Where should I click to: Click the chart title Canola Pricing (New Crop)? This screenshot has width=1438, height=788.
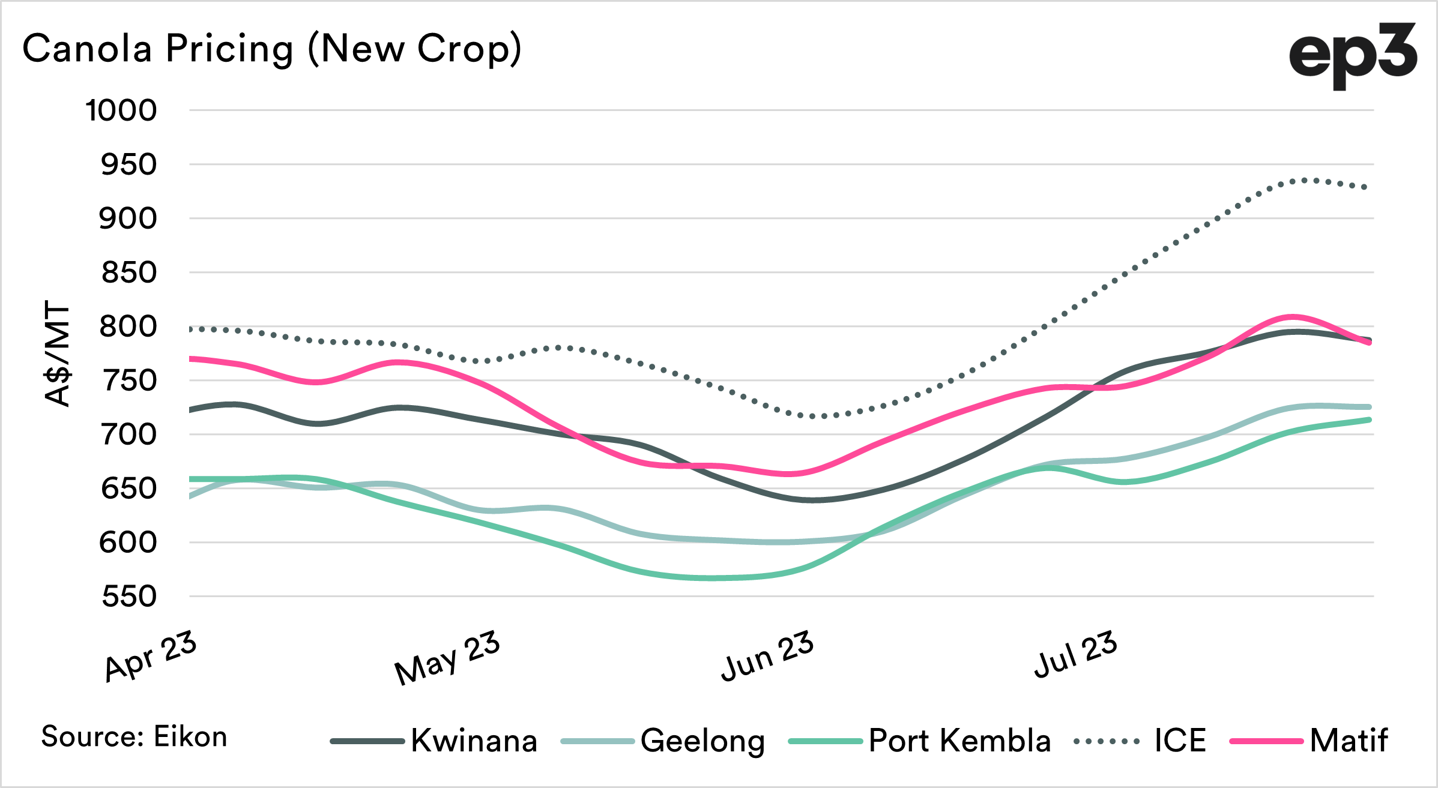coord(272,49)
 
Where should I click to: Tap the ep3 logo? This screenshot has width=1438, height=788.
coord(1352,55)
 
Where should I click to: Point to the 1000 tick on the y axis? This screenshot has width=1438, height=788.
coord(121,111)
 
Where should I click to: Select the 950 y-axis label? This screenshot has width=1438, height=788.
coord(128,165)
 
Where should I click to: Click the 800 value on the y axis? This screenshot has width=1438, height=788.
coord(128,327)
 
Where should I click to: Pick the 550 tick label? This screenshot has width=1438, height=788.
coord(128,597)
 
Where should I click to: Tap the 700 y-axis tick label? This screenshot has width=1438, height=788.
coord(128,435)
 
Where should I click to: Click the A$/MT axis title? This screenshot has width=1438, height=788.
coord(58,354)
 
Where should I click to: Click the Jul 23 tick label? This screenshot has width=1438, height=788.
coord(1075,654)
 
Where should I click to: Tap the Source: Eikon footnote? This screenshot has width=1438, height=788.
coord(134,737)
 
